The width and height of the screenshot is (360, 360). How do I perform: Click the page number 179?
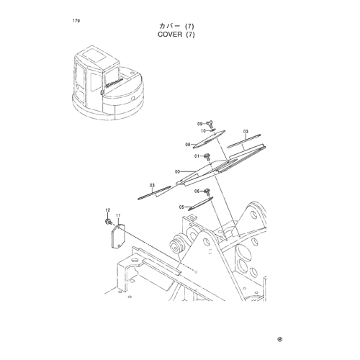pos(76,21)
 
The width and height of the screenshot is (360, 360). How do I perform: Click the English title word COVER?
pos(170,35)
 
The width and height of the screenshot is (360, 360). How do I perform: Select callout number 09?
pos(200,124)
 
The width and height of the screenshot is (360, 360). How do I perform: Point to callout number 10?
pos(203,131)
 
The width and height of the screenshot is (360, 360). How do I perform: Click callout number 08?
pos(188,145)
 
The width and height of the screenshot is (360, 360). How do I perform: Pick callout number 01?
pos(197,156)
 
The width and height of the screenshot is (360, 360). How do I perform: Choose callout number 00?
pos(178,171)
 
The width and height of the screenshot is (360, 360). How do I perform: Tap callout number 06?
pos(197,192)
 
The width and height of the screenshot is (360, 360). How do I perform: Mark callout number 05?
pos(181,207)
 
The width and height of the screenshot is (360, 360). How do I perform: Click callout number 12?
pos(108,210)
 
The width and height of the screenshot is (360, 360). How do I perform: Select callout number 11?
pos(118,216)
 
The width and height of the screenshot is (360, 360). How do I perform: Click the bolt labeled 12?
pos(108,222)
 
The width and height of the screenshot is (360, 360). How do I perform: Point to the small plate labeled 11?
pos(118,236)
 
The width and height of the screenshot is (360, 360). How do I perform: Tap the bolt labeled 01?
pos(207,157)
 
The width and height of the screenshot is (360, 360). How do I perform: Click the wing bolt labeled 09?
pos(210,123)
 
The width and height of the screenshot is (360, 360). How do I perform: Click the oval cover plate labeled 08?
pos(209,139)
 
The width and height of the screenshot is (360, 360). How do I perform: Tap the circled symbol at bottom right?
pos(279,339)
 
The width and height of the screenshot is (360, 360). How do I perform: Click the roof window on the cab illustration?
pos(93,57)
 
